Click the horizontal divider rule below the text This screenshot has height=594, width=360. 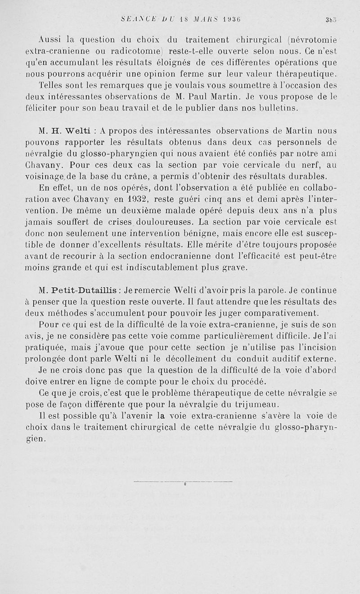[184, 482]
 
